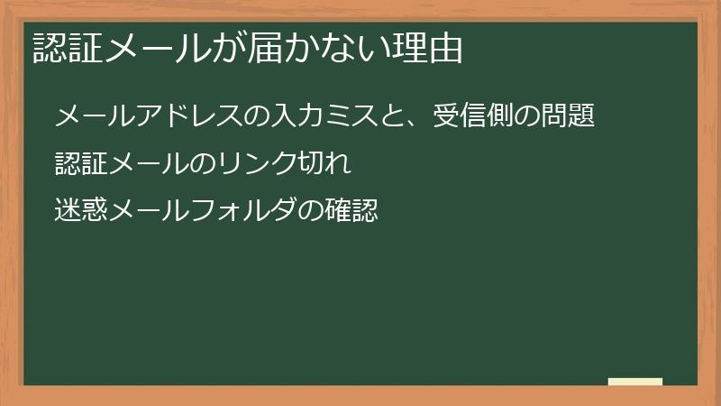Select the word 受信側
[472, 117]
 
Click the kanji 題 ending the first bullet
[583, 117]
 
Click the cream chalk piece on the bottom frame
[634, 382]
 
